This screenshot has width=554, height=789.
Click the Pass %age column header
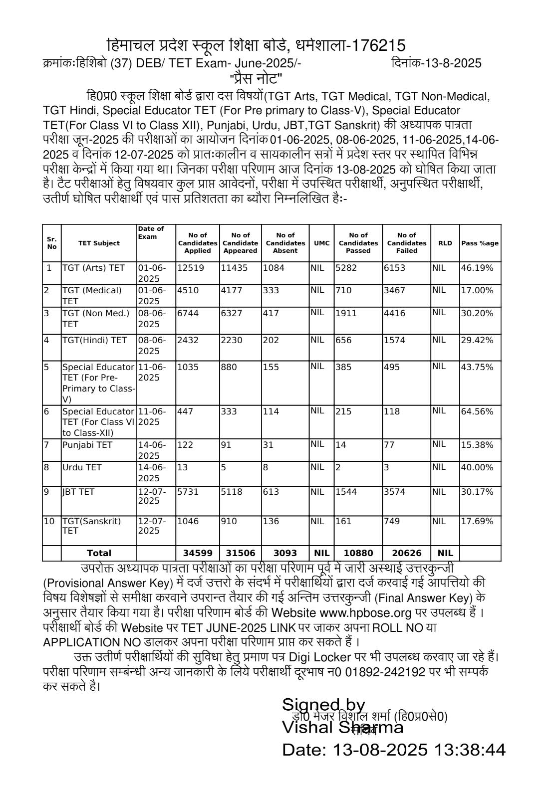[480, 243]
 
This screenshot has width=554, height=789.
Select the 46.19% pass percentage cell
[477, 268]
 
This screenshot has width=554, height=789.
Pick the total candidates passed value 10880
[358, 553]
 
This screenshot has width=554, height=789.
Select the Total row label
[99, 553]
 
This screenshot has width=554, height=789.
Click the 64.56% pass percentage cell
[477, 411]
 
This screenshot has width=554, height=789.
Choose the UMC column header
[321, 243]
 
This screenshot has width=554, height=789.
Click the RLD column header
[445, 243]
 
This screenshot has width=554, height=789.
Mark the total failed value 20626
[406, 553]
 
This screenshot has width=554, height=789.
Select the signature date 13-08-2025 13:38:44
[393, 750]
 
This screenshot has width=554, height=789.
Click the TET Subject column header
[99, 243]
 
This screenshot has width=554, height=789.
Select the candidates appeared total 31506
[240, 553]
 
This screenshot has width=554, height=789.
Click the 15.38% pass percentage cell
[477, 445]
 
